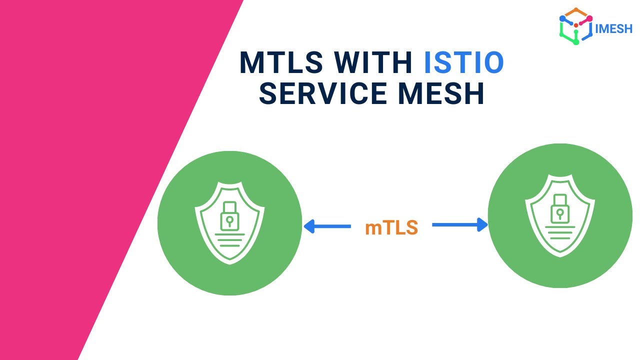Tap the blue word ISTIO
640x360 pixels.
coord(464,63)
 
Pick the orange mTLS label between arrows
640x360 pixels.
coord(391,227)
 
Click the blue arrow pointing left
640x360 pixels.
coord(327,226)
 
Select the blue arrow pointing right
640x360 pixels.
coord(459,225)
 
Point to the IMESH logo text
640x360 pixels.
coord(614,28)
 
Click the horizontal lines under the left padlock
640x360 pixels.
coord(229,237)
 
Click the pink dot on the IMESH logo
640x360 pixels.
coord(589,18)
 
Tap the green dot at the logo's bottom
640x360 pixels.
coord(576,42)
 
